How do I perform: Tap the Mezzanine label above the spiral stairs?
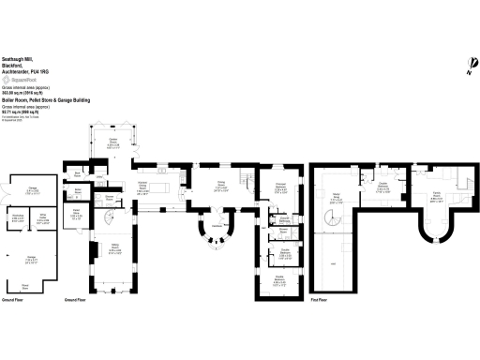pos(337,199)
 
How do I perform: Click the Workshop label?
pos(17,217)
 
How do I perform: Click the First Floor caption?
pos(320,300)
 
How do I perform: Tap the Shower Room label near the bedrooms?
pos(284,229)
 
